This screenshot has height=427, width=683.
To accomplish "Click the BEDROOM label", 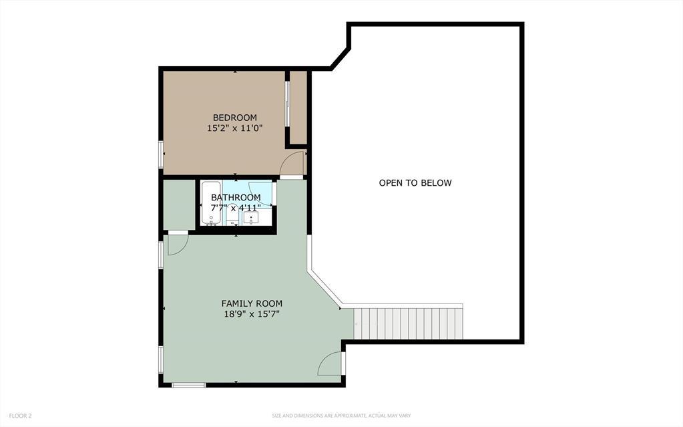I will [x=234, y=118].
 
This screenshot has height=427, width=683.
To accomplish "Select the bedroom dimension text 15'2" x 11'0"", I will [x=234, y=128].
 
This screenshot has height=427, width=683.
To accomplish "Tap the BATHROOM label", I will [x=236, y=197].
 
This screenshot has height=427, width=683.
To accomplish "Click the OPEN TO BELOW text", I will [x=415, y=182].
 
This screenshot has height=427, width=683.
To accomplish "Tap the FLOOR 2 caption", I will [x=20, y=416].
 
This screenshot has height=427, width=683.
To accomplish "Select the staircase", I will [x=409, y=323].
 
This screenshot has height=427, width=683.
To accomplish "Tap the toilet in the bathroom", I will [x=233, y=219].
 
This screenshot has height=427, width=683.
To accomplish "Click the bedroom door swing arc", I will [x=292, y=164].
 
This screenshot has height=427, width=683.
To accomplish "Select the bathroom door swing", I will [x=260, y=190].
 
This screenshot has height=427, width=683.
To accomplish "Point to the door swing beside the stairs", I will [x=330, y=364].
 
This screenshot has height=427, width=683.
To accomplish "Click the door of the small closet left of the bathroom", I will [x=177, y=244].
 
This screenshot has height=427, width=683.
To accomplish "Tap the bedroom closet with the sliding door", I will [x=298, y=107].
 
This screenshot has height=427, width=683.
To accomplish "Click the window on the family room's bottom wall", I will [x=188, y=384].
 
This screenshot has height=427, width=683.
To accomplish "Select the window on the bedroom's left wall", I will [x=161, y=154].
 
